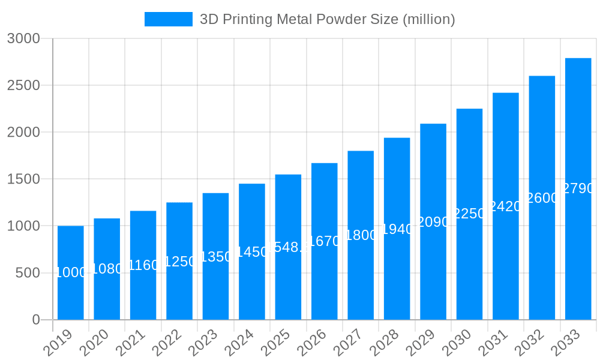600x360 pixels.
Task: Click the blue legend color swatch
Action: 168,19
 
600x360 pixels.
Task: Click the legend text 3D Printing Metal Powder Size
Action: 327,19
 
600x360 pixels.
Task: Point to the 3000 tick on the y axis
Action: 23,39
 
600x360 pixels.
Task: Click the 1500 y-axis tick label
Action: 23,179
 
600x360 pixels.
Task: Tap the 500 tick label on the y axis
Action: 28,273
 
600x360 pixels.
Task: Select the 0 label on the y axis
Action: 36,320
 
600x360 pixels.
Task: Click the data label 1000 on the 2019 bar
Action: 71,272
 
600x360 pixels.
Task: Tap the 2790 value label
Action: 578,188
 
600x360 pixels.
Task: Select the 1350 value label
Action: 216,257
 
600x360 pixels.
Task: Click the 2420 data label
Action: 506,206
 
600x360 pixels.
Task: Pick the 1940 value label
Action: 397,229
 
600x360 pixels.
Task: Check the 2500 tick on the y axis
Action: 23,86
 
